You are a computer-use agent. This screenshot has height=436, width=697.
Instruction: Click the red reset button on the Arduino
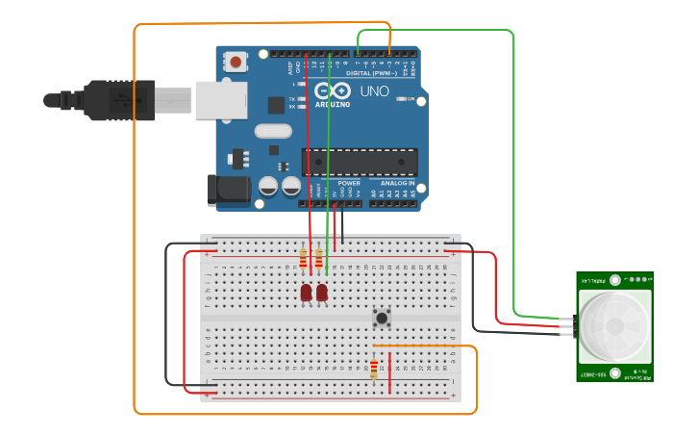236,63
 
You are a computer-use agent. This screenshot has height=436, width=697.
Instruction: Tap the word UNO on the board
374,91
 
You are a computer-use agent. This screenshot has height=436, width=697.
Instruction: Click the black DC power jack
228,190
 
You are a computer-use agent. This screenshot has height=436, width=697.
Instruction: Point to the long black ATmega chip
361,163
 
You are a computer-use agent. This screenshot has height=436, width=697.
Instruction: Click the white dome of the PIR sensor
613,324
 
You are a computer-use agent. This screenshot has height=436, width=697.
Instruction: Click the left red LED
306,292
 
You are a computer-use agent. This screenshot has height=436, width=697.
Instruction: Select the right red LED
321,292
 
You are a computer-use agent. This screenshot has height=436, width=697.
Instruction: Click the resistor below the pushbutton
374,368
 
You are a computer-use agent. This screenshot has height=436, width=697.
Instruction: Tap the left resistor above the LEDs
303,258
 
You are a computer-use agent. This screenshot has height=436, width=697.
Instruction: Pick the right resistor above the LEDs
318,258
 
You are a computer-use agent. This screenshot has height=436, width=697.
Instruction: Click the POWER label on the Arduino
349,183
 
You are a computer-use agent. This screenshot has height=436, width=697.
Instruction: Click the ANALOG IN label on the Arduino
398,183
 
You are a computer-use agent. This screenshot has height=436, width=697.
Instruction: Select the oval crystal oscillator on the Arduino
273,131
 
